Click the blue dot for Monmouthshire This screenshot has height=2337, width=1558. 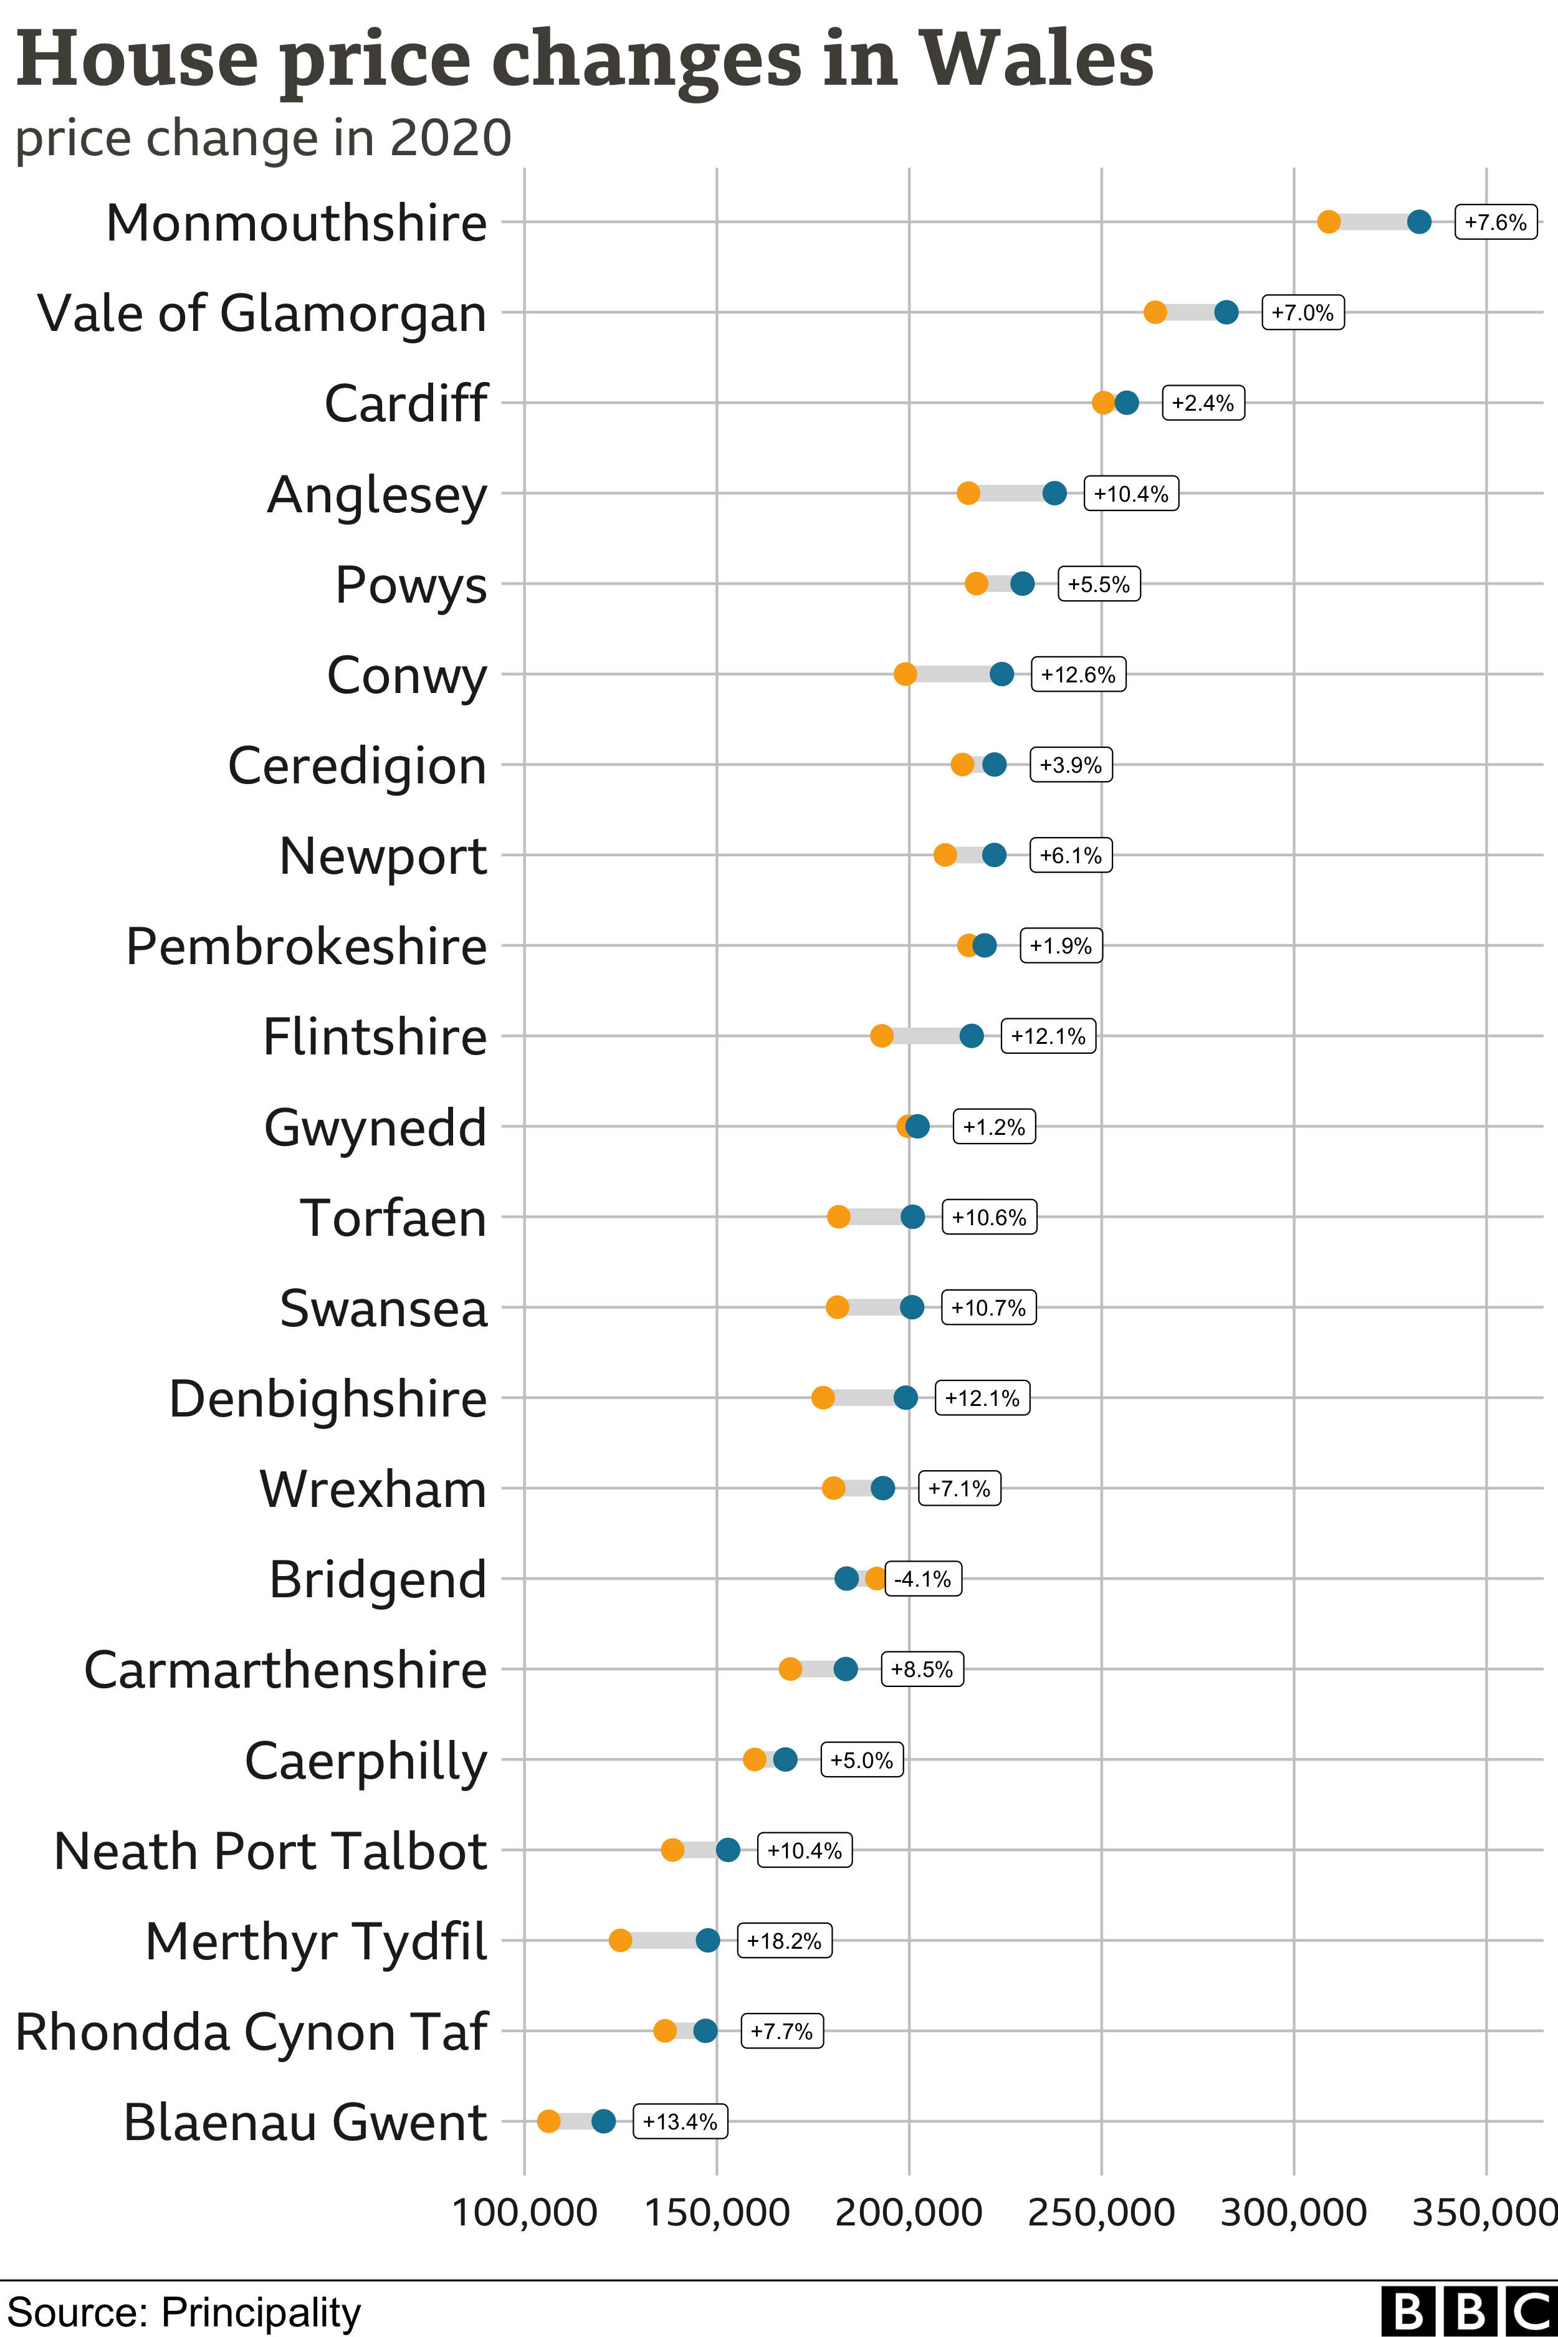tap(1419, 222)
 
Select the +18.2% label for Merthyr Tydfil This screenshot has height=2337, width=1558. tap(784, 1941)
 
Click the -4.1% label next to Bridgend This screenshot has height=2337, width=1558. tap(923, 1579)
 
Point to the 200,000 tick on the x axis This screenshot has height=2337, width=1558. tap(908, 2213)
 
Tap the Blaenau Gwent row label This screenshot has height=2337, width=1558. tap(305, 2123)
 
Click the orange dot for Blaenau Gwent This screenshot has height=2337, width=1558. tap(548, 2121)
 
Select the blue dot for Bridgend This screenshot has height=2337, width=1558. tap(846, 1578)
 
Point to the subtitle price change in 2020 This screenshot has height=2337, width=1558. tap(264, 138)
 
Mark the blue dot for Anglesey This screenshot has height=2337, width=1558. tap(1054, 493)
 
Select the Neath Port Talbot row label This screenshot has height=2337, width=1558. tap(270, 1851)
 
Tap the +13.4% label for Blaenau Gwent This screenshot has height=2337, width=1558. tap(681, 2121)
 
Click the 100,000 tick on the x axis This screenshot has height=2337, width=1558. tap(525, 2213)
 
